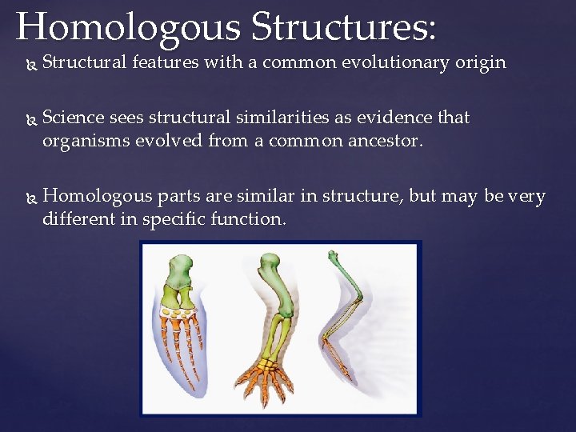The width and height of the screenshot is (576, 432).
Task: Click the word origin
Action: [x=481, y=62]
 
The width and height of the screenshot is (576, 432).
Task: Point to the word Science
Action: [x=73, y=118]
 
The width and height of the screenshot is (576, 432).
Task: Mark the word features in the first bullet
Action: [x=166, y=62]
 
